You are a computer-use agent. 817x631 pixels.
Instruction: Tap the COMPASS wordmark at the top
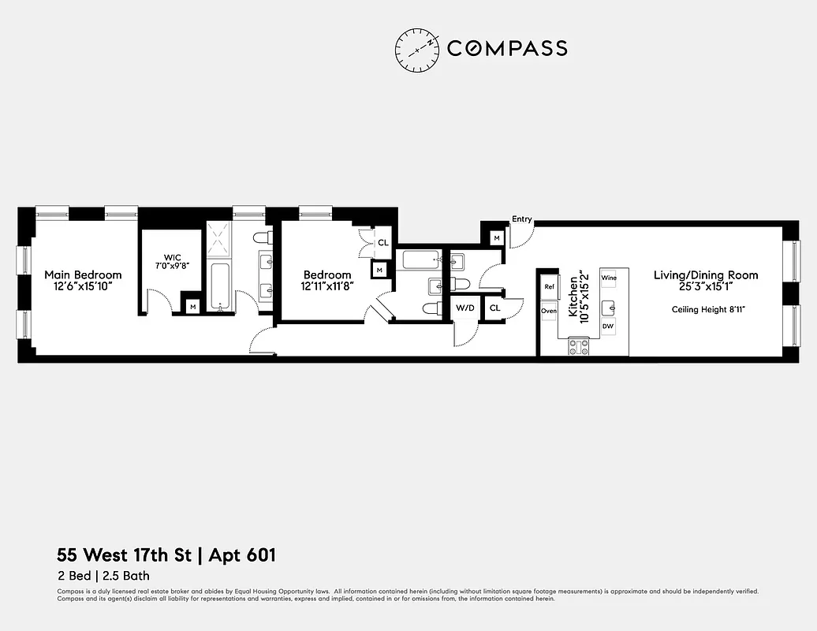coord(507,48)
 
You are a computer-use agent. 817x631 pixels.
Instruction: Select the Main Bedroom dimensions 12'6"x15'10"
coord(83,286)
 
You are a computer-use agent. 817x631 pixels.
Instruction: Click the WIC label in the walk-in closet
coord(173,257)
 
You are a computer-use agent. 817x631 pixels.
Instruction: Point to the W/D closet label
coord(465,307)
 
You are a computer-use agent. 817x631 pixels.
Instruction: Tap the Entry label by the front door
coord(521,219)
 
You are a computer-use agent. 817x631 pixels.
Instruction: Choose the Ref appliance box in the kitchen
coord(550,287)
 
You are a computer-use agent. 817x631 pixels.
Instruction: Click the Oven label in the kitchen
coord(549,311)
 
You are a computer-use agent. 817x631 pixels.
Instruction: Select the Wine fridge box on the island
coord(608,278)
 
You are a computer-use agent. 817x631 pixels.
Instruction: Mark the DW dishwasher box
coord(608,326)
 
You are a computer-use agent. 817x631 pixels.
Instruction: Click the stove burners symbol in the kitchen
coord(580,346)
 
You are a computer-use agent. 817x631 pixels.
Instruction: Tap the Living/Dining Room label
coord(706,275)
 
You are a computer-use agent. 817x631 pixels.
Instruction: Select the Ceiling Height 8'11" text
coord(708,309)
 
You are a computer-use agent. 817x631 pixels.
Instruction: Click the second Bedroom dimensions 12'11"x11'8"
coord(326,286)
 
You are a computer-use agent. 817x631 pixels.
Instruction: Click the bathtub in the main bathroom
coord(220,288)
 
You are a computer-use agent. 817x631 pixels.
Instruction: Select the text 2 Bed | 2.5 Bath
coord(103,576)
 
